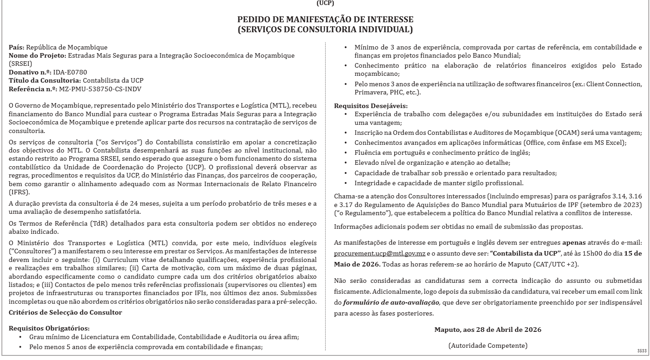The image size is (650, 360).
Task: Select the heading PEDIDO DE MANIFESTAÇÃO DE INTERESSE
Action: [x=325, y=20]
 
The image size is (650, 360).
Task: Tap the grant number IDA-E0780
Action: [x=70, y=72]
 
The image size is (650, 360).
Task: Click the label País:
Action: [x=17, y=47]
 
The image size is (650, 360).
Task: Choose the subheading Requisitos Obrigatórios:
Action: [x=49, y=328]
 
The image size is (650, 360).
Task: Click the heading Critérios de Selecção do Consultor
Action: [x=65, y=312]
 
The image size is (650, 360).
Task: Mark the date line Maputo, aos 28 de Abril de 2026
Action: [x=487, y=329]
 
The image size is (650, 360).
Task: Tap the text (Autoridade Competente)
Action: [x=488, y=345]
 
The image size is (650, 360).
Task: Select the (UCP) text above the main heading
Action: [x=325, y=3]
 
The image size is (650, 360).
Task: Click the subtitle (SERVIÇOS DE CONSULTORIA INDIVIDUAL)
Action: [x=325, y=30]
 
